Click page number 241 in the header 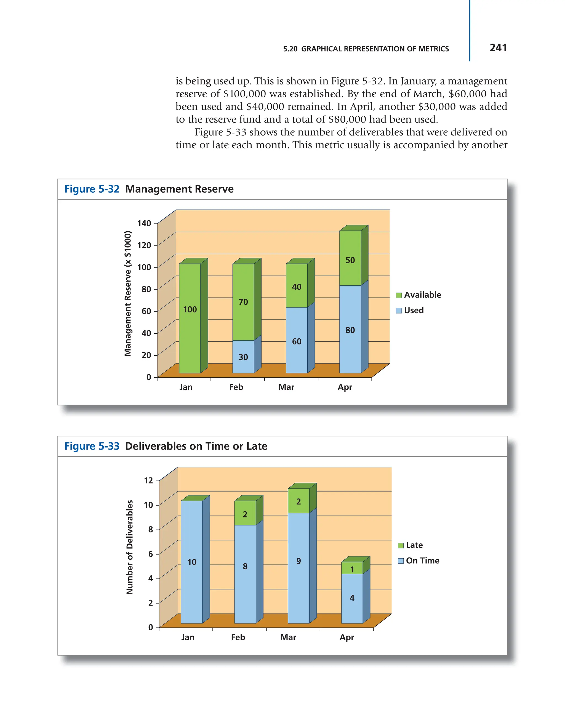click(498, 48)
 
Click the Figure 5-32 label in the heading click(92, 189)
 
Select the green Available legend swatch click(399, 295)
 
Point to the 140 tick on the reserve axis click(144, 224)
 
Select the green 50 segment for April click(350, 261)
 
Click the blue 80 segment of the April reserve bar click(350, 330)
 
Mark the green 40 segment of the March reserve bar click(297, 287)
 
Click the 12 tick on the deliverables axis click(148, 480)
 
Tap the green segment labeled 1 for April click(352, 569)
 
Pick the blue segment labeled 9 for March click(298, 561)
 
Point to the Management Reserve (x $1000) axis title click(128, 293)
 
